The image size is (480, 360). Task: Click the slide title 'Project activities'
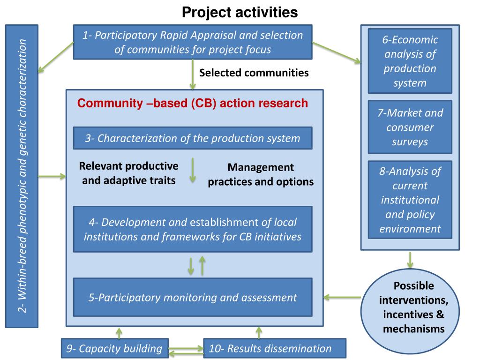point(240,12)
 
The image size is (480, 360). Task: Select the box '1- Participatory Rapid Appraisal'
point(193,42)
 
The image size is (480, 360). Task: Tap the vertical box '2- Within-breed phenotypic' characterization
point(22,176)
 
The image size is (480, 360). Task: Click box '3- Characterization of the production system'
point(193,138)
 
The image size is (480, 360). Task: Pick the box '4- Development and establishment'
point(193,229)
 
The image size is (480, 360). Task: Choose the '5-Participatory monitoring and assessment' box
point(193,297)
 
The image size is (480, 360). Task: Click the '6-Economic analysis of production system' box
point(410,61)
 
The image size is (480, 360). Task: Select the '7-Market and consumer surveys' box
point(410,127)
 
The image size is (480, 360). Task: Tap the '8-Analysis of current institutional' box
point(410,200)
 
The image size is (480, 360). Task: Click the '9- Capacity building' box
point(114,348)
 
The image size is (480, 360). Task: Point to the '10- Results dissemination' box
point(274,348)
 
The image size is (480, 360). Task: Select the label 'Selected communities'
point(254,73)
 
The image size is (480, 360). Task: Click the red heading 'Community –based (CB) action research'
point(193,103)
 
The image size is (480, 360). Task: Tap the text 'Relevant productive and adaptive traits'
point(129,173)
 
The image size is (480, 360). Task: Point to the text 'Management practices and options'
point(261,174)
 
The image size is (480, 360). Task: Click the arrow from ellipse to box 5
point(342,297)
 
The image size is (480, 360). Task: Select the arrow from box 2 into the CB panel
point(52,177)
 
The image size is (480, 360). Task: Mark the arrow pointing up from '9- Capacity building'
point(119,332)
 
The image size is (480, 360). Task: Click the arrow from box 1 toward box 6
point(336,52)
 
